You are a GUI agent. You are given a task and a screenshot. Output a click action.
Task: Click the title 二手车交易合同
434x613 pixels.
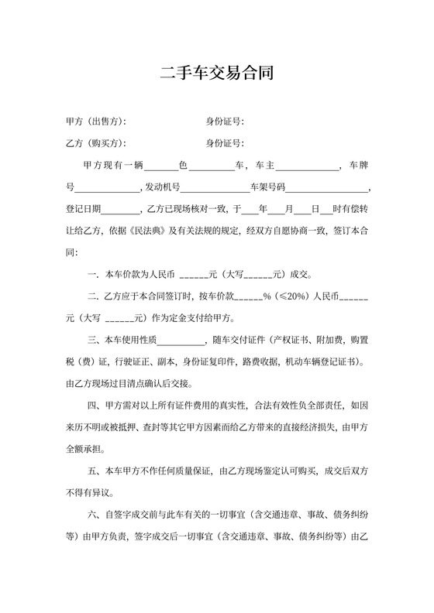[216, 74]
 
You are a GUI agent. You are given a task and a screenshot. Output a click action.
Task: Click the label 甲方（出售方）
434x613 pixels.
[96, 122]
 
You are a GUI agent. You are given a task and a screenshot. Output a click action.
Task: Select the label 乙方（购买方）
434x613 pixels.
[96, 143]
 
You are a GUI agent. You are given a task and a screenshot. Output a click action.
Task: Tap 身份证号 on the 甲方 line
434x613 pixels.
[225, 122]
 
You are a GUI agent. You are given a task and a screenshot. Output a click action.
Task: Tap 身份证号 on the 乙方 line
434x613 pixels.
[225, 143]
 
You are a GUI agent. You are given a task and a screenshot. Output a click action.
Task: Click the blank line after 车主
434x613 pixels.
[308, 166]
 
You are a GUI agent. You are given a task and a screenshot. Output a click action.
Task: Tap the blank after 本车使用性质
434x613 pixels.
[180, 339]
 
